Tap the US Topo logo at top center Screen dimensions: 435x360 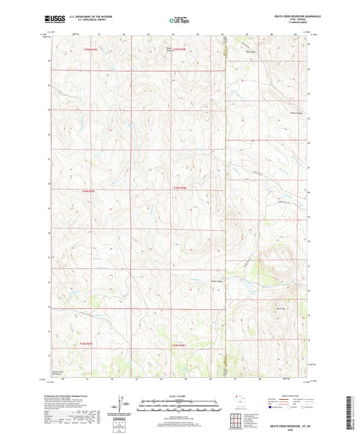point(179,22)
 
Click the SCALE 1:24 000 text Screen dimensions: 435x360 point(180,396)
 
